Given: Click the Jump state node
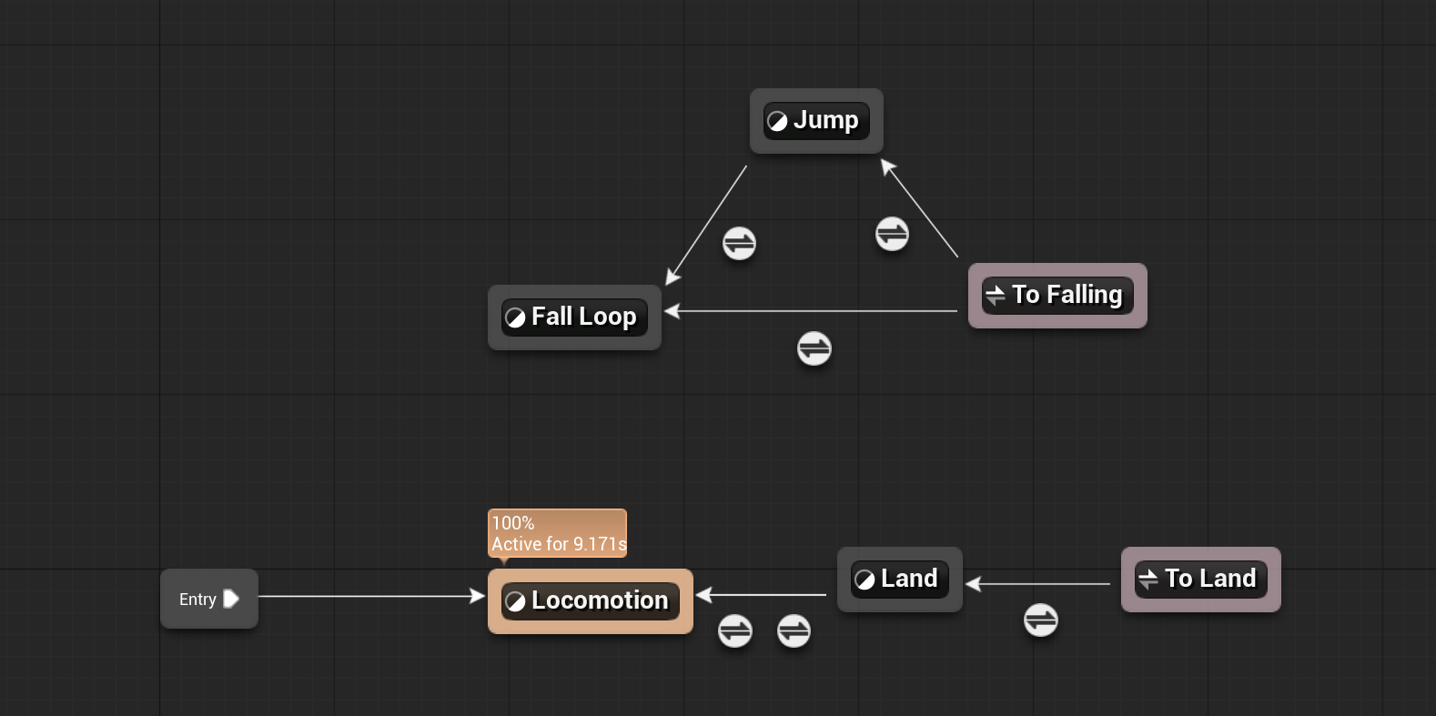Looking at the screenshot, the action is coord(816,120).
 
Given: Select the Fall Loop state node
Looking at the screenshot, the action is coord(574,318).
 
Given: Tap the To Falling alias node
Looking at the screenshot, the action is coord(1057,296).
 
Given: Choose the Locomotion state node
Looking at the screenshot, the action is coord(591,601).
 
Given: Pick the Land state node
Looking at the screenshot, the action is coord(899,580).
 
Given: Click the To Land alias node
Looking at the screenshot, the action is coord(1200,580).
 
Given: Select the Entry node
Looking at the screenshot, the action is coord(209,599).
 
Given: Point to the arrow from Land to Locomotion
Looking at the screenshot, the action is coord(761,595).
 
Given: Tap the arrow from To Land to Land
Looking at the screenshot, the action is coord(1038,584).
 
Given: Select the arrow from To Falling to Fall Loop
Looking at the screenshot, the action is coord(811,311).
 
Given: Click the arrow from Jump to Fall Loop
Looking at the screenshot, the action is coord(706,225).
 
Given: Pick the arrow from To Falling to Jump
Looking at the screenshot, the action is coord(919,208).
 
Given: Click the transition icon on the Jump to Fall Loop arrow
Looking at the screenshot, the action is coord(739,244).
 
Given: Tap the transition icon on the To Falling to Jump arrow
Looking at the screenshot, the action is coord(892,234).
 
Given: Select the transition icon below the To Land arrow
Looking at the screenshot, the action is coord(1040,620).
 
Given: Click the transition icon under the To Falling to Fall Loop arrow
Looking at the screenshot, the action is coord(814,348).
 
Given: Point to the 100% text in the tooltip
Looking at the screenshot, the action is coord(513,523).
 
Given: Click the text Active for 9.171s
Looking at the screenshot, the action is coord(559,544).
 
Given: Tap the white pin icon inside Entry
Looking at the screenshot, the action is coord(231,599).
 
